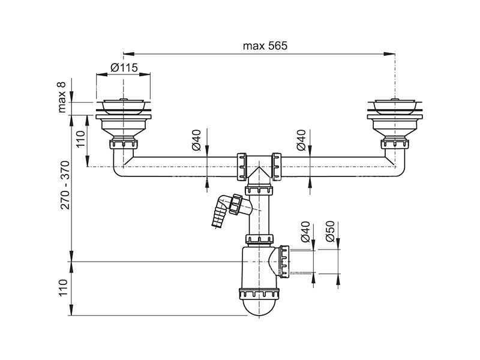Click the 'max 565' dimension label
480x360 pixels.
pos(265,46)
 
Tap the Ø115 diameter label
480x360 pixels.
pos(124,67)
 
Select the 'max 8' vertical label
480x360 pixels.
pos(62,97)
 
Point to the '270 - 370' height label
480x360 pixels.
pos(65,185)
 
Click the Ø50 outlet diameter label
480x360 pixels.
pos(331,232)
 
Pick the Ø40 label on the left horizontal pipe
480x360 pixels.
pos(196,140)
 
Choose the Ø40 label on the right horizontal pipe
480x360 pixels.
pos(301,140)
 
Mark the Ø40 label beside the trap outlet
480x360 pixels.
pos(305,232)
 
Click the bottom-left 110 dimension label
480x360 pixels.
pos(63,287)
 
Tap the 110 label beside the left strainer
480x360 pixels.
pos(80,139)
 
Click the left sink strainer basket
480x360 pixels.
pos(124,106)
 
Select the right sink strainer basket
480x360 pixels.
pos(395,106)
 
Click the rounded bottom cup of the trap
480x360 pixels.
pos(259,307)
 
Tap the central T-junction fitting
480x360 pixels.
pos(259,169)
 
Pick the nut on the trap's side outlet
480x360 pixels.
pos(284,262)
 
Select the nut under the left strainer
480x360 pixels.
pos(124,144)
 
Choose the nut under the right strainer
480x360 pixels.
pos(395,144)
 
